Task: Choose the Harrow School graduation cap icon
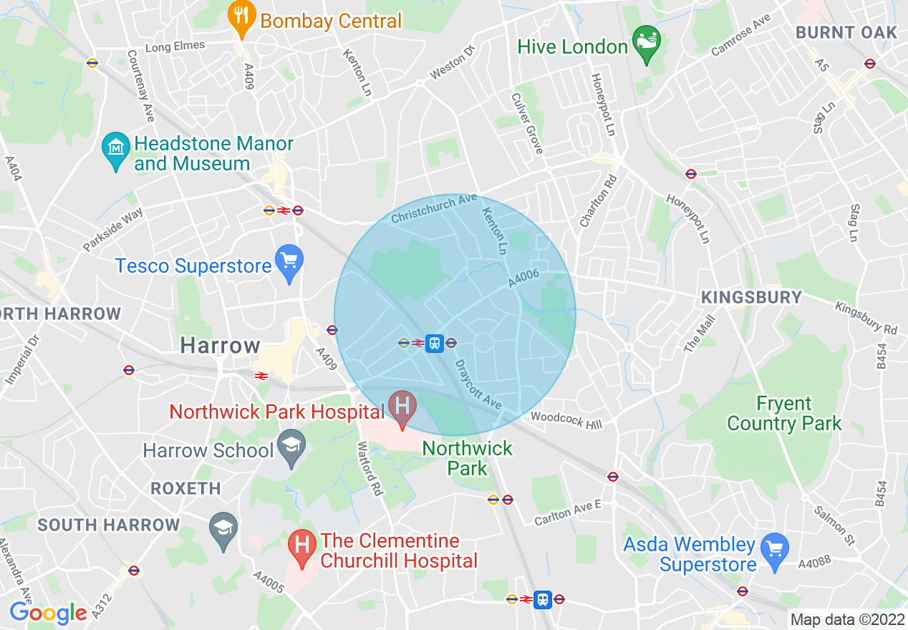291,449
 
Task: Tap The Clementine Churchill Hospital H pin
302,549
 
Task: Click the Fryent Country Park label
784,414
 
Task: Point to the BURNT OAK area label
846,32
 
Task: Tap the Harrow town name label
220,346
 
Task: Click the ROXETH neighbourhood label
185,488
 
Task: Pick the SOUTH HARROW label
109,525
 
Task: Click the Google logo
48,613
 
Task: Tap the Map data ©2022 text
847,619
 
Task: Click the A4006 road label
524,278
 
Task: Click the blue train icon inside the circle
434,343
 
